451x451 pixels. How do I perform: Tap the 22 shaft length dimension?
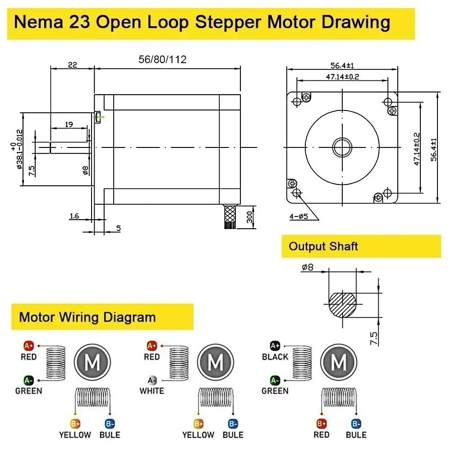[x=72, y=65]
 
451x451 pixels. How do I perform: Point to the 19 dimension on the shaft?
[x=69, y=124]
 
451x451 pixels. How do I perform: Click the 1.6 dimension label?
[x=74, y=216]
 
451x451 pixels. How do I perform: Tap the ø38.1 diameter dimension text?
[x=18, y=150]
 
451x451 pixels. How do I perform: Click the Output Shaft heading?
[x=323, y=246]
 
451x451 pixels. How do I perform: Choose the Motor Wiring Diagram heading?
[x=87, y=317]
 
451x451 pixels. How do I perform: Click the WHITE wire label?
[x=152, y=391]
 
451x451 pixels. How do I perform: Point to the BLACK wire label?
[x=275, y=357]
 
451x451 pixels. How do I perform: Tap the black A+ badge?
[x=275, y=346]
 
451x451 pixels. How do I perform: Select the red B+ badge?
[x=321, y=424]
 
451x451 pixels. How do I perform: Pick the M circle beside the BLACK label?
[x=339, y=362]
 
